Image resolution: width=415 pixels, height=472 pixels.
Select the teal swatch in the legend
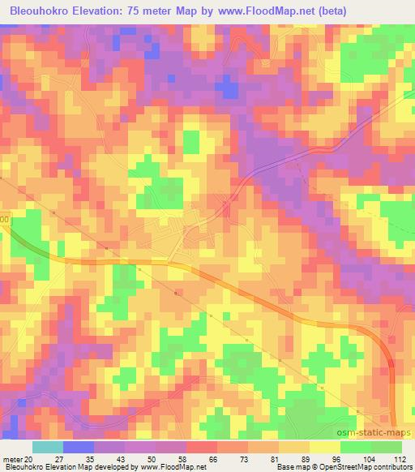48,447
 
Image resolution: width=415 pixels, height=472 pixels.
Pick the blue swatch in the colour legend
79,447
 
